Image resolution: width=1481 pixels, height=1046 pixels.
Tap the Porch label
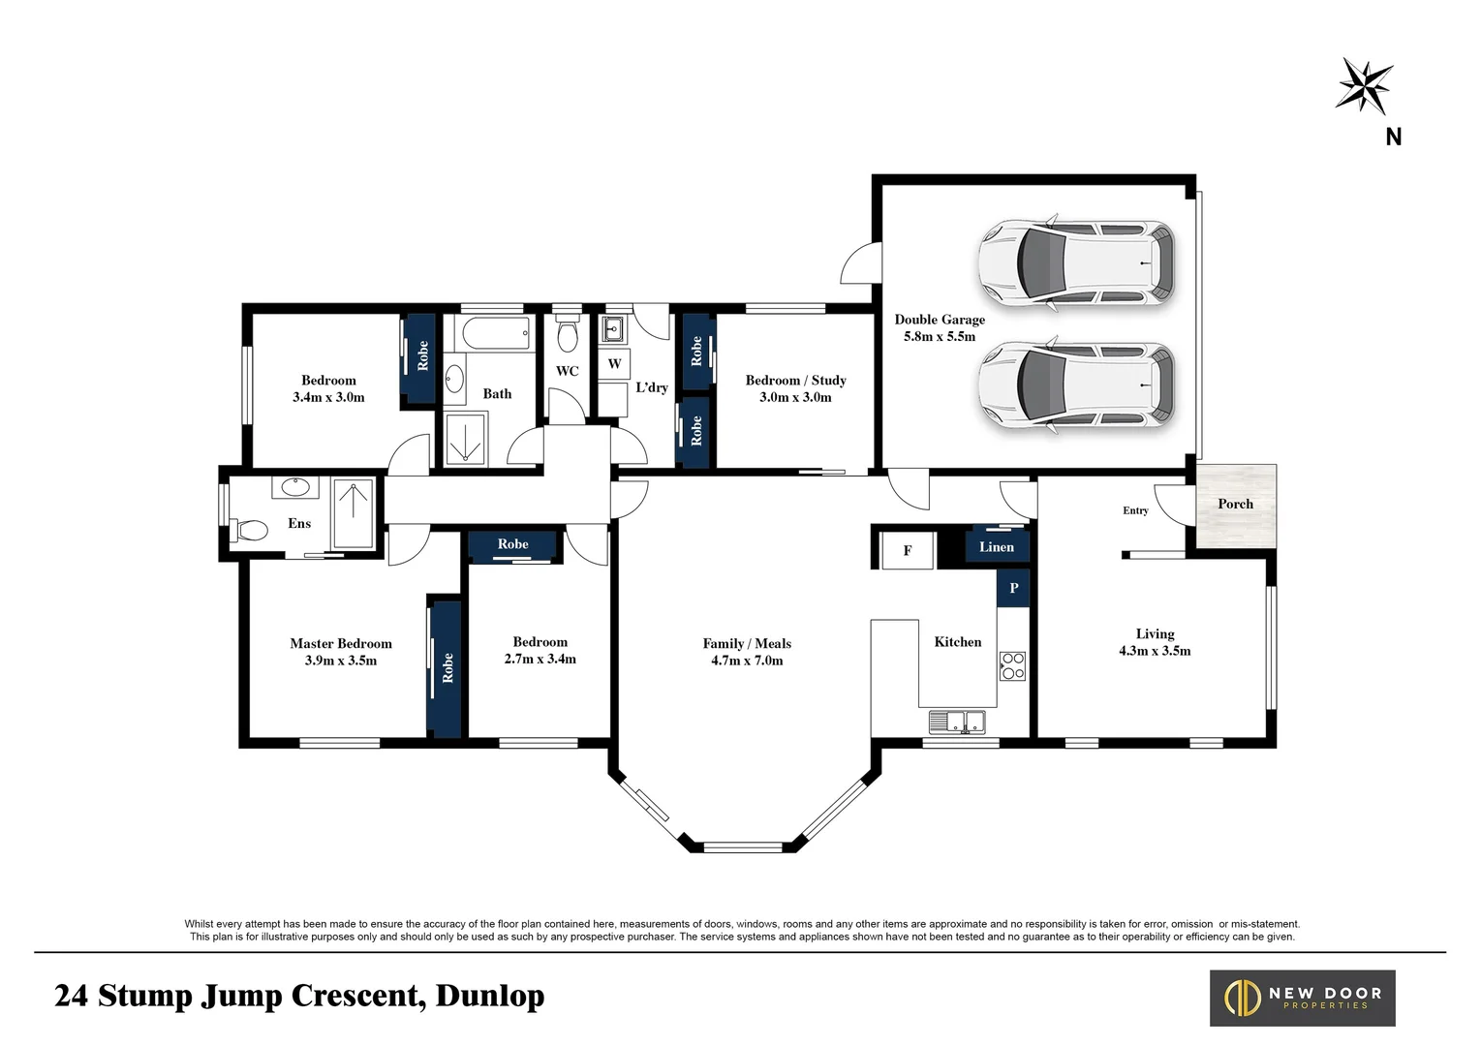click(x=1235, y=504)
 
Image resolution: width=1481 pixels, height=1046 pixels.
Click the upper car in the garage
click(x=1076, y=262)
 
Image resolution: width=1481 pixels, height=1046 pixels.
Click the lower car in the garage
click(x=1076, y=385)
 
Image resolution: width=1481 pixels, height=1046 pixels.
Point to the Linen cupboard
click(x=997, y=545)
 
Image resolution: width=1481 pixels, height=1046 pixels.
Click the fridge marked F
click(x=908, y=550)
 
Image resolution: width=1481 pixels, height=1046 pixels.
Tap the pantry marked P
click(x=1013, y=588)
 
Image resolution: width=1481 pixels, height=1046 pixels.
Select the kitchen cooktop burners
click(x=1012, y=665)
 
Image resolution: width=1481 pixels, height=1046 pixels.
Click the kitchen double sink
click(x=957, y=722)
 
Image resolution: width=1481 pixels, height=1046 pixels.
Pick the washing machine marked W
click(x=614, y=363)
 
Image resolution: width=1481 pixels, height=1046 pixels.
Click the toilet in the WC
click(x=568, y=333)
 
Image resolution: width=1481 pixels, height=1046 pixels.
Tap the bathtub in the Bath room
click(x=496, y=333)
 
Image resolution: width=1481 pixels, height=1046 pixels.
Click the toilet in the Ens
click(x=249, y=531)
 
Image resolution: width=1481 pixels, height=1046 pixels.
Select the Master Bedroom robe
click(x=445, y=668)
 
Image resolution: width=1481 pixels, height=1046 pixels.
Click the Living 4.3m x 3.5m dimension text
click(x=1155, y=651)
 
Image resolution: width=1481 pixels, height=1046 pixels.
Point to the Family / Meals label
click(x=747, y=643)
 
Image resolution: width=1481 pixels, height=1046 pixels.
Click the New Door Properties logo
click(x=1302, y=998)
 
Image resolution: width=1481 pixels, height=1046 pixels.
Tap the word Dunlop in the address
click(x=490, y=997)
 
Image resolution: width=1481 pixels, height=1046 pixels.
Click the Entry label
click(x=1135, y=510)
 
